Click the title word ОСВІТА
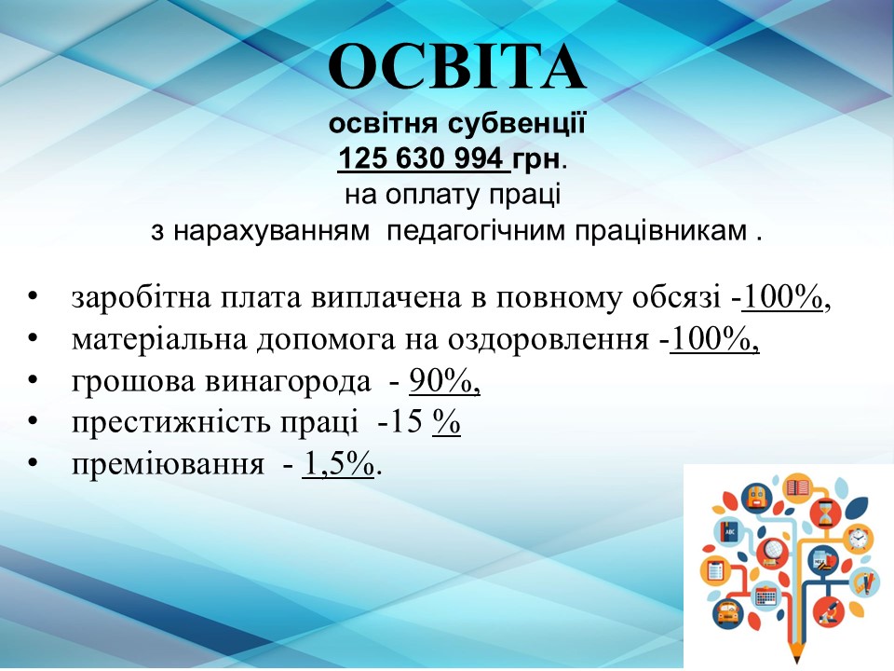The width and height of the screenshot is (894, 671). (x=456, y=67)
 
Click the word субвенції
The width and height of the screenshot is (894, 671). (x=516, y=123)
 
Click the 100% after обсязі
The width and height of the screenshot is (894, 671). (x=783, y=297)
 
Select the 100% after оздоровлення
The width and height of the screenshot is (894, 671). (x=714, y=339)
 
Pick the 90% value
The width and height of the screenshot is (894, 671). (x=444, y=381)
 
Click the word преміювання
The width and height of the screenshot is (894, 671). (x=169, y=465)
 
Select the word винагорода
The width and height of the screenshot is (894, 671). (x=288, y=382)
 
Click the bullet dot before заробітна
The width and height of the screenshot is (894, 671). (x=33, y=296)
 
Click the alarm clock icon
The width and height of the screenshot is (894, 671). (x=857, y=538)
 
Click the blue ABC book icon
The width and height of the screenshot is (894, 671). (x=729, y=532)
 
